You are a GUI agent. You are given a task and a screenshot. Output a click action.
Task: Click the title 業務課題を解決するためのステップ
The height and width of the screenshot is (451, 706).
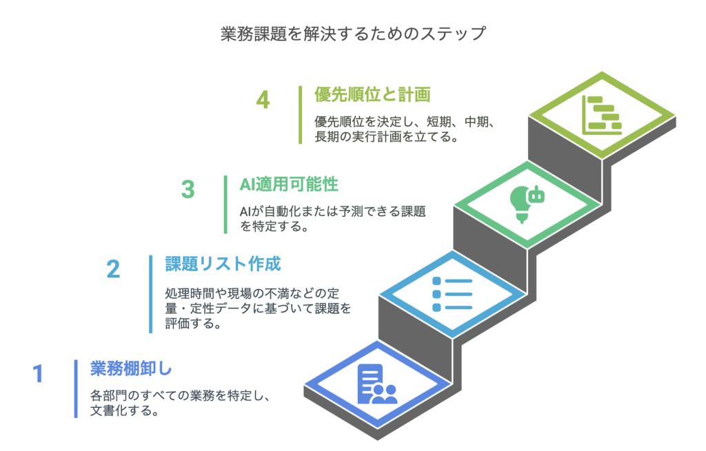click(x=353, y=34)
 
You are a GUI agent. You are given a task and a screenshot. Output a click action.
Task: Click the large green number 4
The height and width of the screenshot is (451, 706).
click(x=263, y=100)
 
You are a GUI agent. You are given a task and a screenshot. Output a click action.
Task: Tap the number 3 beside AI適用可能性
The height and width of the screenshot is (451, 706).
click(x=188, y=189)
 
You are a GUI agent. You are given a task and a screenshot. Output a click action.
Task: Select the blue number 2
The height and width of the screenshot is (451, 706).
click(x=114, y=269)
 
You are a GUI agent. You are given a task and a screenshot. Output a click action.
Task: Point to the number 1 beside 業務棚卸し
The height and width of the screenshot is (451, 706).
click(x=38, y=374)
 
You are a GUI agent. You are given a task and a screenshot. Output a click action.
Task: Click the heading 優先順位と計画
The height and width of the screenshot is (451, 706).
click(x=372, y=95)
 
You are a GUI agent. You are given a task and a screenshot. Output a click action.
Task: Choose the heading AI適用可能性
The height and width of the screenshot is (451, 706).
click(x=289, y=185)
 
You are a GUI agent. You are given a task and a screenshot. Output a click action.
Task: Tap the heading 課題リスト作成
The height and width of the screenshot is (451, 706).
click(x=223, y=264)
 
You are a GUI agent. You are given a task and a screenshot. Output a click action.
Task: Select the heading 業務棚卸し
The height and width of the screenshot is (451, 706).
click(x=131, y=368)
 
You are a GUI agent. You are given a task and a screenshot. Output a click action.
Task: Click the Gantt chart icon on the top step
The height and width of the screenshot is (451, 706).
click(x=602, y=116)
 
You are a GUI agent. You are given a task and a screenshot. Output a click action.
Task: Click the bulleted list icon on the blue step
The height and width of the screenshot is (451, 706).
click(x=452, y=294)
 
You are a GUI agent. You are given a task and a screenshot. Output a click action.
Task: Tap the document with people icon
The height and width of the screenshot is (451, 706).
click(x=377, y=384)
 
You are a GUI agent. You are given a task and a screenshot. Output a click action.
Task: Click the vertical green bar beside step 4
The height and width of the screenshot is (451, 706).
click(x=301, y=115)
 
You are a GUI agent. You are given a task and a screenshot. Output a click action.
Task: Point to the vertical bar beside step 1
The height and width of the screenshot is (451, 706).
click(x=76, y=389)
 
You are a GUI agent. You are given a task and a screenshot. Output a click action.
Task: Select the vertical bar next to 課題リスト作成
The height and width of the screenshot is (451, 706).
click(x=151, y=295)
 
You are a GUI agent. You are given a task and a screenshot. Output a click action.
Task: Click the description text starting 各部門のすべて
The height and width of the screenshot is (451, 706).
click(x=180, y=403)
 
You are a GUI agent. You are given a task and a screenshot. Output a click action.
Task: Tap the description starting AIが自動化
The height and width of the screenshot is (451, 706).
click(x=333, y=218)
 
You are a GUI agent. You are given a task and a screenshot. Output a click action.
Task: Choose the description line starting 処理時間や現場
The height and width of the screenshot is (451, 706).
click(x=252, y=293)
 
